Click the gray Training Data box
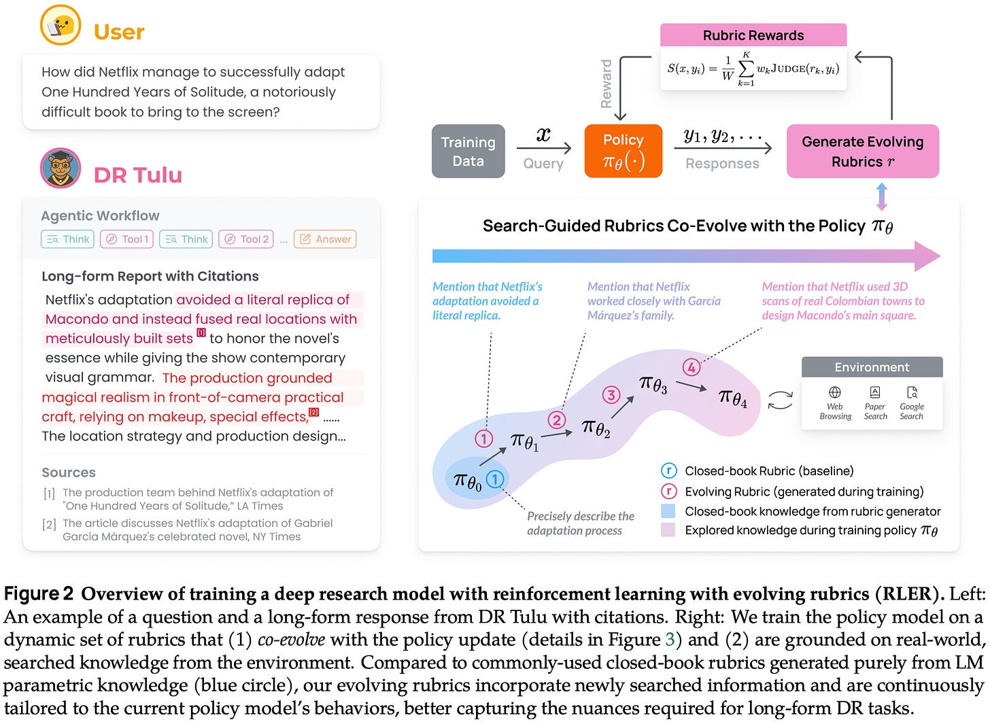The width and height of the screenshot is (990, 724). pos(468,151)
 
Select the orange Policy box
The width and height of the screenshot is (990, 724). pos(623,151)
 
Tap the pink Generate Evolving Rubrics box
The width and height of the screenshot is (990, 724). pos(862,151)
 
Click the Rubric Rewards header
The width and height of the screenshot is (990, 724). pos(753,35)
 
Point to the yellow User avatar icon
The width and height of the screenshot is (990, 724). pos(61,25)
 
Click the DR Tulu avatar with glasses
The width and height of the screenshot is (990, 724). pos(61,168)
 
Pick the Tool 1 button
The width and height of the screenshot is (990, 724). pos(128,239)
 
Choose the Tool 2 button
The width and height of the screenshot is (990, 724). pos(247,239)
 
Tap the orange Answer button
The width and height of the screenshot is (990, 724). pos(325,239)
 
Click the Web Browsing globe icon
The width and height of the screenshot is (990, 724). pos(835,392)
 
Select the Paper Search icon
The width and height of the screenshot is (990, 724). pos(875,392)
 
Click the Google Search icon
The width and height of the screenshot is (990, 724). pos(912,392)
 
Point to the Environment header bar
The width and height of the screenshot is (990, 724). pos(872,367)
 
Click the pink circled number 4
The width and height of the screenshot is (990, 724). pos(692,368)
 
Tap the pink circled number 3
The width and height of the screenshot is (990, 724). pos(611,395)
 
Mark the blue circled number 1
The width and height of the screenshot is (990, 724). pos(495,479)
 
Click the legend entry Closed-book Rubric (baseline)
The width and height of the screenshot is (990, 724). pos(768,471)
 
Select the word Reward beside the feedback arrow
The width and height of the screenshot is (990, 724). pos(606,84)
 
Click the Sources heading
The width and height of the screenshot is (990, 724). pos(69,472)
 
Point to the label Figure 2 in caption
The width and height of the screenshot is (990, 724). pos(38,593)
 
